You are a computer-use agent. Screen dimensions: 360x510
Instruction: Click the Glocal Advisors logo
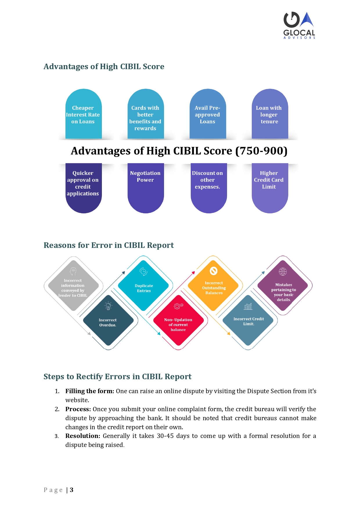pyautogui.click(x=299, y=25)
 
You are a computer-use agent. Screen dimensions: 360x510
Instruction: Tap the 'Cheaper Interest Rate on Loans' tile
pyautogui.click(x=84, y=114)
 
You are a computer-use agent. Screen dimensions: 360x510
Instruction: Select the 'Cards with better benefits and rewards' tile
pyautogui.click(x=146, y=114)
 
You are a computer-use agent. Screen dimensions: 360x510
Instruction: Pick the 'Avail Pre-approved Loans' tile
pyautogui.click(x=208, y=114)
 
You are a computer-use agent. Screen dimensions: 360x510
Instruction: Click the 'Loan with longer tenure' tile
pyautogui.click(x=270, y=114)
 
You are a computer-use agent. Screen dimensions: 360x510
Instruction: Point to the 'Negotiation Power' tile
pyautogui.click(x=146, y=188)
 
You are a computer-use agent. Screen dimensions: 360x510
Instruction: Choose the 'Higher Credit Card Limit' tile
pyautogui.click(x=270, y=188)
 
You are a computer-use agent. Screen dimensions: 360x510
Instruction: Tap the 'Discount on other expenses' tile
pyautogui.click(x=209, y=188)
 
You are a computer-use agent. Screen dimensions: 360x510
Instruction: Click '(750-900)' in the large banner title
pyautogui.click(x=261, y=151)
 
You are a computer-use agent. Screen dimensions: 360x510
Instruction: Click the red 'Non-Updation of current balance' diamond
pyautogui.click(x=178, y=320)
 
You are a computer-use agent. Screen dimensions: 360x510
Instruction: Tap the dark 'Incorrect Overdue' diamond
pyautogui.click(x=108, y=320)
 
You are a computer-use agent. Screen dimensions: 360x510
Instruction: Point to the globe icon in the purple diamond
pyautogui.click(x=283, y=272)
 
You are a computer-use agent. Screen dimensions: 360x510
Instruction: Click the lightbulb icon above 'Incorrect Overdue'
pyautogui.click(x=108, y=306)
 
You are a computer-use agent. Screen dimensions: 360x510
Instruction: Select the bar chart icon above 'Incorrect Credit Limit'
pyautogui.click(x=248, y=306)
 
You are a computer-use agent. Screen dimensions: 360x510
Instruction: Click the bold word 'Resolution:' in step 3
pyautogui.click(x=83, y=436)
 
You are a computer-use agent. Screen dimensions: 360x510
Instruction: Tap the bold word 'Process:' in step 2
pyautogui.click(x=78, y=409)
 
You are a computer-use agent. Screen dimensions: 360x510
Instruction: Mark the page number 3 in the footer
pyautogui.click(x=71, y=490)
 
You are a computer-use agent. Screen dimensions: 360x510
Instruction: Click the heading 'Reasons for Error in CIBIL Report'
pyautogui.click(x=109, y=245)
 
